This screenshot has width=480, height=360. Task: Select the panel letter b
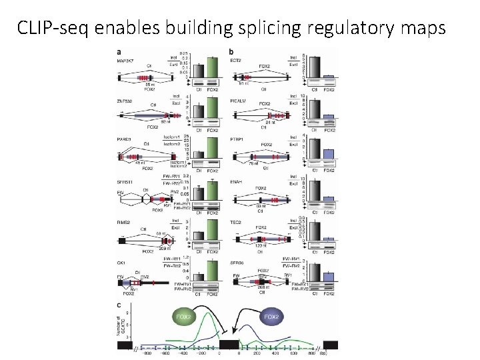231,52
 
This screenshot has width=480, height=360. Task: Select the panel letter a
119,52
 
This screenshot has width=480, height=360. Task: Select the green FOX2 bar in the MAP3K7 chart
213,68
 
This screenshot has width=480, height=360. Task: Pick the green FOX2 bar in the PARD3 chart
213,148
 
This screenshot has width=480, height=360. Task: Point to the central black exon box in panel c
229,345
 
